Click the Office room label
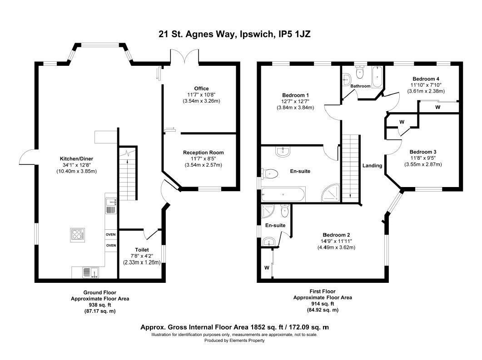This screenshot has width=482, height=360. [x=201, y=89]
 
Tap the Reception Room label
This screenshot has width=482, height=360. [x=203, y=153]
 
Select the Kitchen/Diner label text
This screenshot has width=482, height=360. [x=76, y=159]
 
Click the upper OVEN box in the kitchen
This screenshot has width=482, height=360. [x=111, y=234]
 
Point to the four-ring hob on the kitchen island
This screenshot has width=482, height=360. [x=78, y=235]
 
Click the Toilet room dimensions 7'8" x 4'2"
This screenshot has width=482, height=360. [x=142, y=256]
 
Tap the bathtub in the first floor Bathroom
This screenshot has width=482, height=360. [x=377, y=77]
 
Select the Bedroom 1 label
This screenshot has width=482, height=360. [x=295, y=95]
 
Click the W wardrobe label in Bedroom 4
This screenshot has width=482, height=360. [x=438, y=107]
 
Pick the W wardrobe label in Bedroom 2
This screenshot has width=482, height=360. [x=267, y=268]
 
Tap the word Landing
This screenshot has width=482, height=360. [x=372, y=166]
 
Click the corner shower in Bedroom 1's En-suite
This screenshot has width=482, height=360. [x=331, y=193]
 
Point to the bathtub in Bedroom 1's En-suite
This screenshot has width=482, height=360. [x=283, y=194]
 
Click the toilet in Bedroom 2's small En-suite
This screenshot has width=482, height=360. [x=285, y=210]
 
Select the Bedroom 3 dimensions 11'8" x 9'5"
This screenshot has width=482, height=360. [x=422, y=158]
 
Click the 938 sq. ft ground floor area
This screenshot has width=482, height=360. [x=100, y=305]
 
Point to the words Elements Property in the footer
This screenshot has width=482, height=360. [x=247, y=340]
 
